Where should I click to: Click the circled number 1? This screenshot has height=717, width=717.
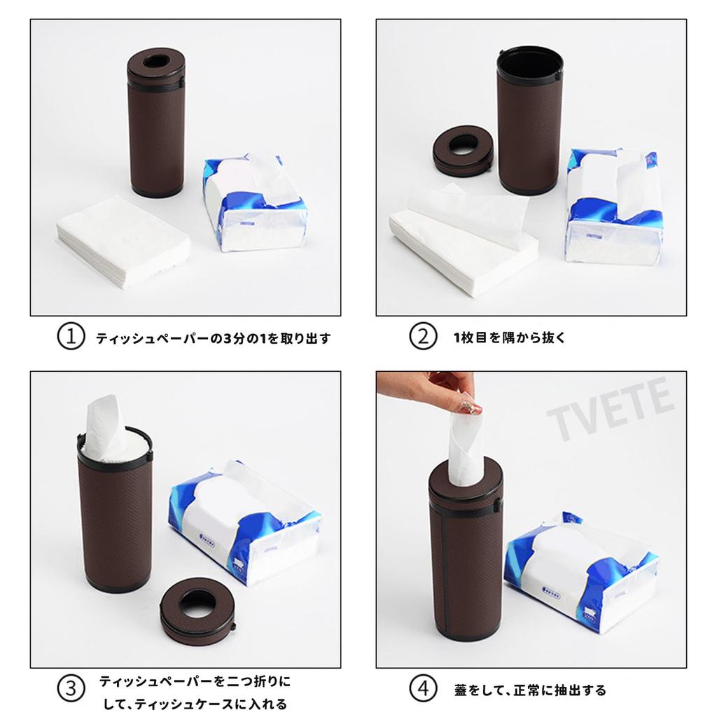click(x=70, y=337)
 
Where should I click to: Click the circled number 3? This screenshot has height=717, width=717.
click(x=70, y=689)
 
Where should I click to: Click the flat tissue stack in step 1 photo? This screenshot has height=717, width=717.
click(x=123, y=242)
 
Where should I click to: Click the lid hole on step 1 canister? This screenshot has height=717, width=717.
click(x=157, y=62)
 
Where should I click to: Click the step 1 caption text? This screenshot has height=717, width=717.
click(x=213, y=338)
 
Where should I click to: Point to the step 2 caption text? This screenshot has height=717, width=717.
click(x=510, y=338)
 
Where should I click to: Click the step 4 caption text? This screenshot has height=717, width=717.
click(x=529, y=690)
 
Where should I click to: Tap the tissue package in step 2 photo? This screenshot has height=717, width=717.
click(x=613, y=207)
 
